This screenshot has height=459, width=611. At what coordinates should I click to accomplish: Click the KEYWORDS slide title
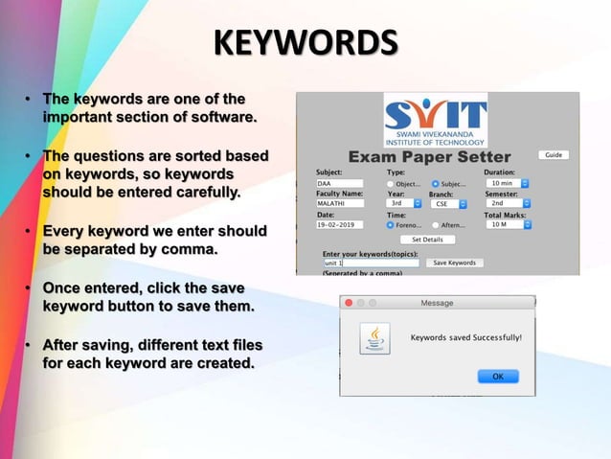coord(305,44)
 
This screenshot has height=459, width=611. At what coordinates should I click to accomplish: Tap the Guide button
coord(554,155)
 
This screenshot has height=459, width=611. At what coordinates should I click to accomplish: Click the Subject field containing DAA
coord(339,183)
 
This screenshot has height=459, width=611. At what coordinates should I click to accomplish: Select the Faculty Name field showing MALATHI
coord(339,203)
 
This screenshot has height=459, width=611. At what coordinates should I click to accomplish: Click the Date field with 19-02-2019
coord(339,224)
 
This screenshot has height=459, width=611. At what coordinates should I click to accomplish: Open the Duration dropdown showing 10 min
coord(508,183)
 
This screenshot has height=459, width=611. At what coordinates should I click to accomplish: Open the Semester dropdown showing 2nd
coord(508,203)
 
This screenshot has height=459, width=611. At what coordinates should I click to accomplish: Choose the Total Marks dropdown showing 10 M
coord(508,224)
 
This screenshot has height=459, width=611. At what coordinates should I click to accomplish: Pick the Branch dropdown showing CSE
coord(446,203)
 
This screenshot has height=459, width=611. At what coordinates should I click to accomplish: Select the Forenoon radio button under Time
coord(391,225)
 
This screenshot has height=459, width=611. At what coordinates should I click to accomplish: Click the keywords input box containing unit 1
coord(371,263)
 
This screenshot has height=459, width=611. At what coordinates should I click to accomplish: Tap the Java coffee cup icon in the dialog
coord(374,339)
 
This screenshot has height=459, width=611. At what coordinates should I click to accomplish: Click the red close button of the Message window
coord(349,303)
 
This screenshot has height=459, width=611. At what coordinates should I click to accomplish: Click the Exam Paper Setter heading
coord(429,157)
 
